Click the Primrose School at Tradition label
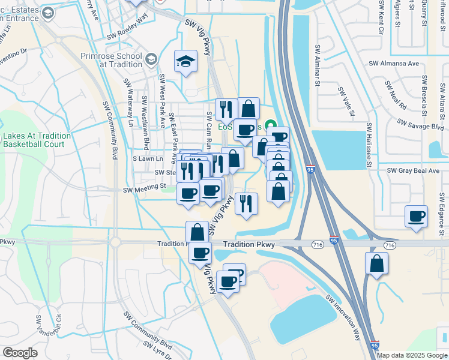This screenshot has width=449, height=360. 111,60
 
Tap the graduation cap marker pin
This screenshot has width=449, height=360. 186,62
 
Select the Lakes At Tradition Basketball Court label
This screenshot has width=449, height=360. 37,140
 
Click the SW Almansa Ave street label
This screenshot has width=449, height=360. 393,63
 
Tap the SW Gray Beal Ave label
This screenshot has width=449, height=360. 414,170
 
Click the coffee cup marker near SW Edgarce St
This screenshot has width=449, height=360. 416,217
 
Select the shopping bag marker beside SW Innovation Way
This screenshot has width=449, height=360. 376,264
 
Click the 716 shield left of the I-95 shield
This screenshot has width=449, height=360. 318,245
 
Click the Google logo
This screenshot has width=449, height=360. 20,353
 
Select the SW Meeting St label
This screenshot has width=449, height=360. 145,188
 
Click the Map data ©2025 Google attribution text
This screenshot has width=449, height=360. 412,355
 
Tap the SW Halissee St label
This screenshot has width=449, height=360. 369,146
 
